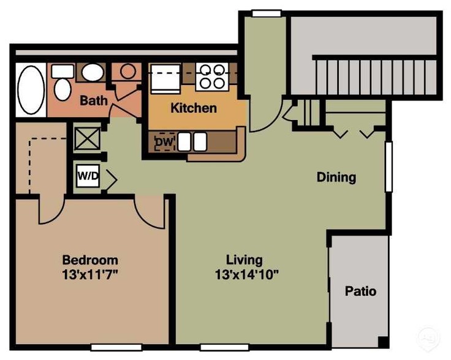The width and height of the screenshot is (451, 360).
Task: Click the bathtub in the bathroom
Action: (x=31, y=90)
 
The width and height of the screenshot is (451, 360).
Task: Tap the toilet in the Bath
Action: (x=63, y=83)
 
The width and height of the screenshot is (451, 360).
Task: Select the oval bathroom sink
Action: (x=93, y=72)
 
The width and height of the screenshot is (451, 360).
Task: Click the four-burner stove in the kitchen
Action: (x=212, y=77)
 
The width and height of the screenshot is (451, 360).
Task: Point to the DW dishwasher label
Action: (x=165, y=141)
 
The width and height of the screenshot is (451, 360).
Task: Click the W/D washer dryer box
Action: (x=88, y=176)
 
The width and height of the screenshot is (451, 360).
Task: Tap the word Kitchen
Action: (x=194, y=108)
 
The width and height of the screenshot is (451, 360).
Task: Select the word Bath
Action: (x=94, y=100)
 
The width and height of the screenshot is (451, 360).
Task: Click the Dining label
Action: (x=336, y=178)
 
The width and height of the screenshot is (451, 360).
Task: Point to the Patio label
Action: (x=361, y=291)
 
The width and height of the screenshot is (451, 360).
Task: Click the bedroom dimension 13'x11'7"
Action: (x=90, y=275)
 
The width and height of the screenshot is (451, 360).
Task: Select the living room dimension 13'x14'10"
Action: (x=247, y=275)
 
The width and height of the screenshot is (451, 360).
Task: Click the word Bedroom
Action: (x=90, y=260)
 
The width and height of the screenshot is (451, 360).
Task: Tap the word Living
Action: (x=244, y=260)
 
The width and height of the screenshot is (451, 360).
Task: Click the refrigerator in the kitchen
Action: (x=165, y=78)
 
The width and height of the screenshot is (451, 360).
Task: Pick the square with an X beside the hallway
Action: (x=88, y=139)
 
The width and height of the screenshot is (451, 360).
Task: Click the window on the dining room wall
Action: (x=388, y=167)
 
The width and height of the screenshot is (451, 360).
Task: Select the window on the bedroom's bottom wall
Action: (x=116, y=347)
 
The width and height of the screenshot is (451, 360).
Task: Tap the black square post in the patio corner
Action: (x=383, y=342)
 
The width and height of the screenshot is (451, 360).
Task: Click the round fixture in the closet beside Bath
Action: (x=128, y=71)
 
